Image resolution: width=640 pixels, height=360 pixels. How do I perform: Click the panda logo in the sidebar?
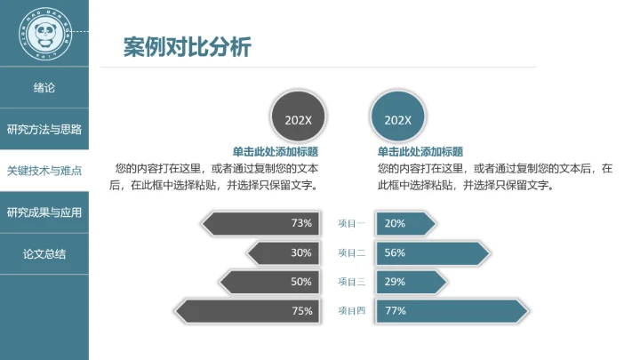[44, 33]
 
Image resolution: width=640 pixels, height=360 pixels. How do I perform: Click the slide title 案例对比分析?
[187, 46]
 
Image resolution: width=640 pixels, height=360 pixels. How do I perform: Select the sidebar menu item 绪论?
[44, 88]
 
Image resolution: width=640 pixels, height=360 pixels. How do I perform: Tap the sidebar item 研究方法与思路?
[44, 129]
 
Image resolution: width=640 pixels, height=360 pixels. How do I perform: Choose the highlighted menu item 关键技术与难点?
[44, 171]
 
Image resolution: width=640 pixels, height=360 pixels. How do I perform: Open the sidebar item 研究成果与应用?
[44, 212]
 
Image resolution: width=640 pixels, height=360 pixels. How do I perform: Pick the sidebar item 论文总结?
[44, 254]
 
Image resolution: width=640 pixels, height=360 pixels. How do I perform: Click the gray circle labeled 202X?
[298, 120]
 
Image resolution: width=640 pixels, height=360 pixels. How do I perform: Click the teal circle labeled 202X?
[397, 120]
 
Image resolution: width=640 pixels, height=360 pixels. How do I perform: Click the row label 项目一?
[352, 223]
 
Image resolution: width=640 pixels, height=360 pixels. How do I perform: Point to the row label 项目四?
[352, 311]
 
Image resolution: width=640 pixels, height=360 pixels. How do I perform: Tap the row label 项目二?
[352, 252]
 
